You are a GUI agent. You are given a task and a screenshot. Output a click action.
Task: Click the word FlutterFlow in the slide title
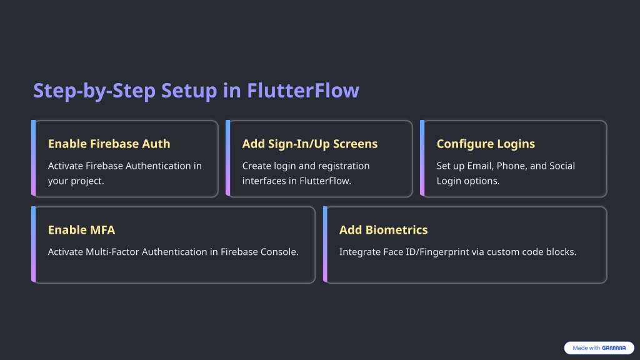303,90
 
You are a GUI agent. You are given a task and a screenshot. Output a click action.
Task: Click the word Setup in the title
189,91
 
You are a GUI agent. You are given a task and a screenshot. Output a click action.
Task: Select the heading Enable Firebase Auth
109,144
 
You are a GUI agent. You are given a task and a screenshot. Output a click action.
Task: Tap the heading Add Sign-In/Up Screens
310,144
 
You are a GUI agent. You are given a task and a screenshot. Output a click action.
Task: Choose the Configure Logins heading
486,144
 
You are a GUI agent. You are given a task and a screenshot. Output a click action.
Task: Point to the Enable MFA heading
82,230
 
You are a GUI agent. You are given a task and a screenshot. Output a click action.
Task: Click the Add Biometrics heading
383,230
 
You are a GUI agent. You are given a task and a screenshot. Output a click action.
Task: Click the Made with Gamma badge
599,347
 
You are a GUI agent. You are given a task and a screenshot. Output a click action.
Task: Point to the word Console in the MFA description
281,252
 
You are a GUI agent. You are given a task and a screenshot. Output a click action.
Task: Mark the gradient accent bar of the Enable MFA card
34,244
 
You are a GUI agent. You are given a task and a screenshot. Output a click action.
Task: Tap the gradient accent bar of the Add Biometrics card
325,244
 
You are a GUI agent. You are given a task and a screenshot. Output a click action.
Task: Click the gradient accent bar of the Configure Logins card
422,158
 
